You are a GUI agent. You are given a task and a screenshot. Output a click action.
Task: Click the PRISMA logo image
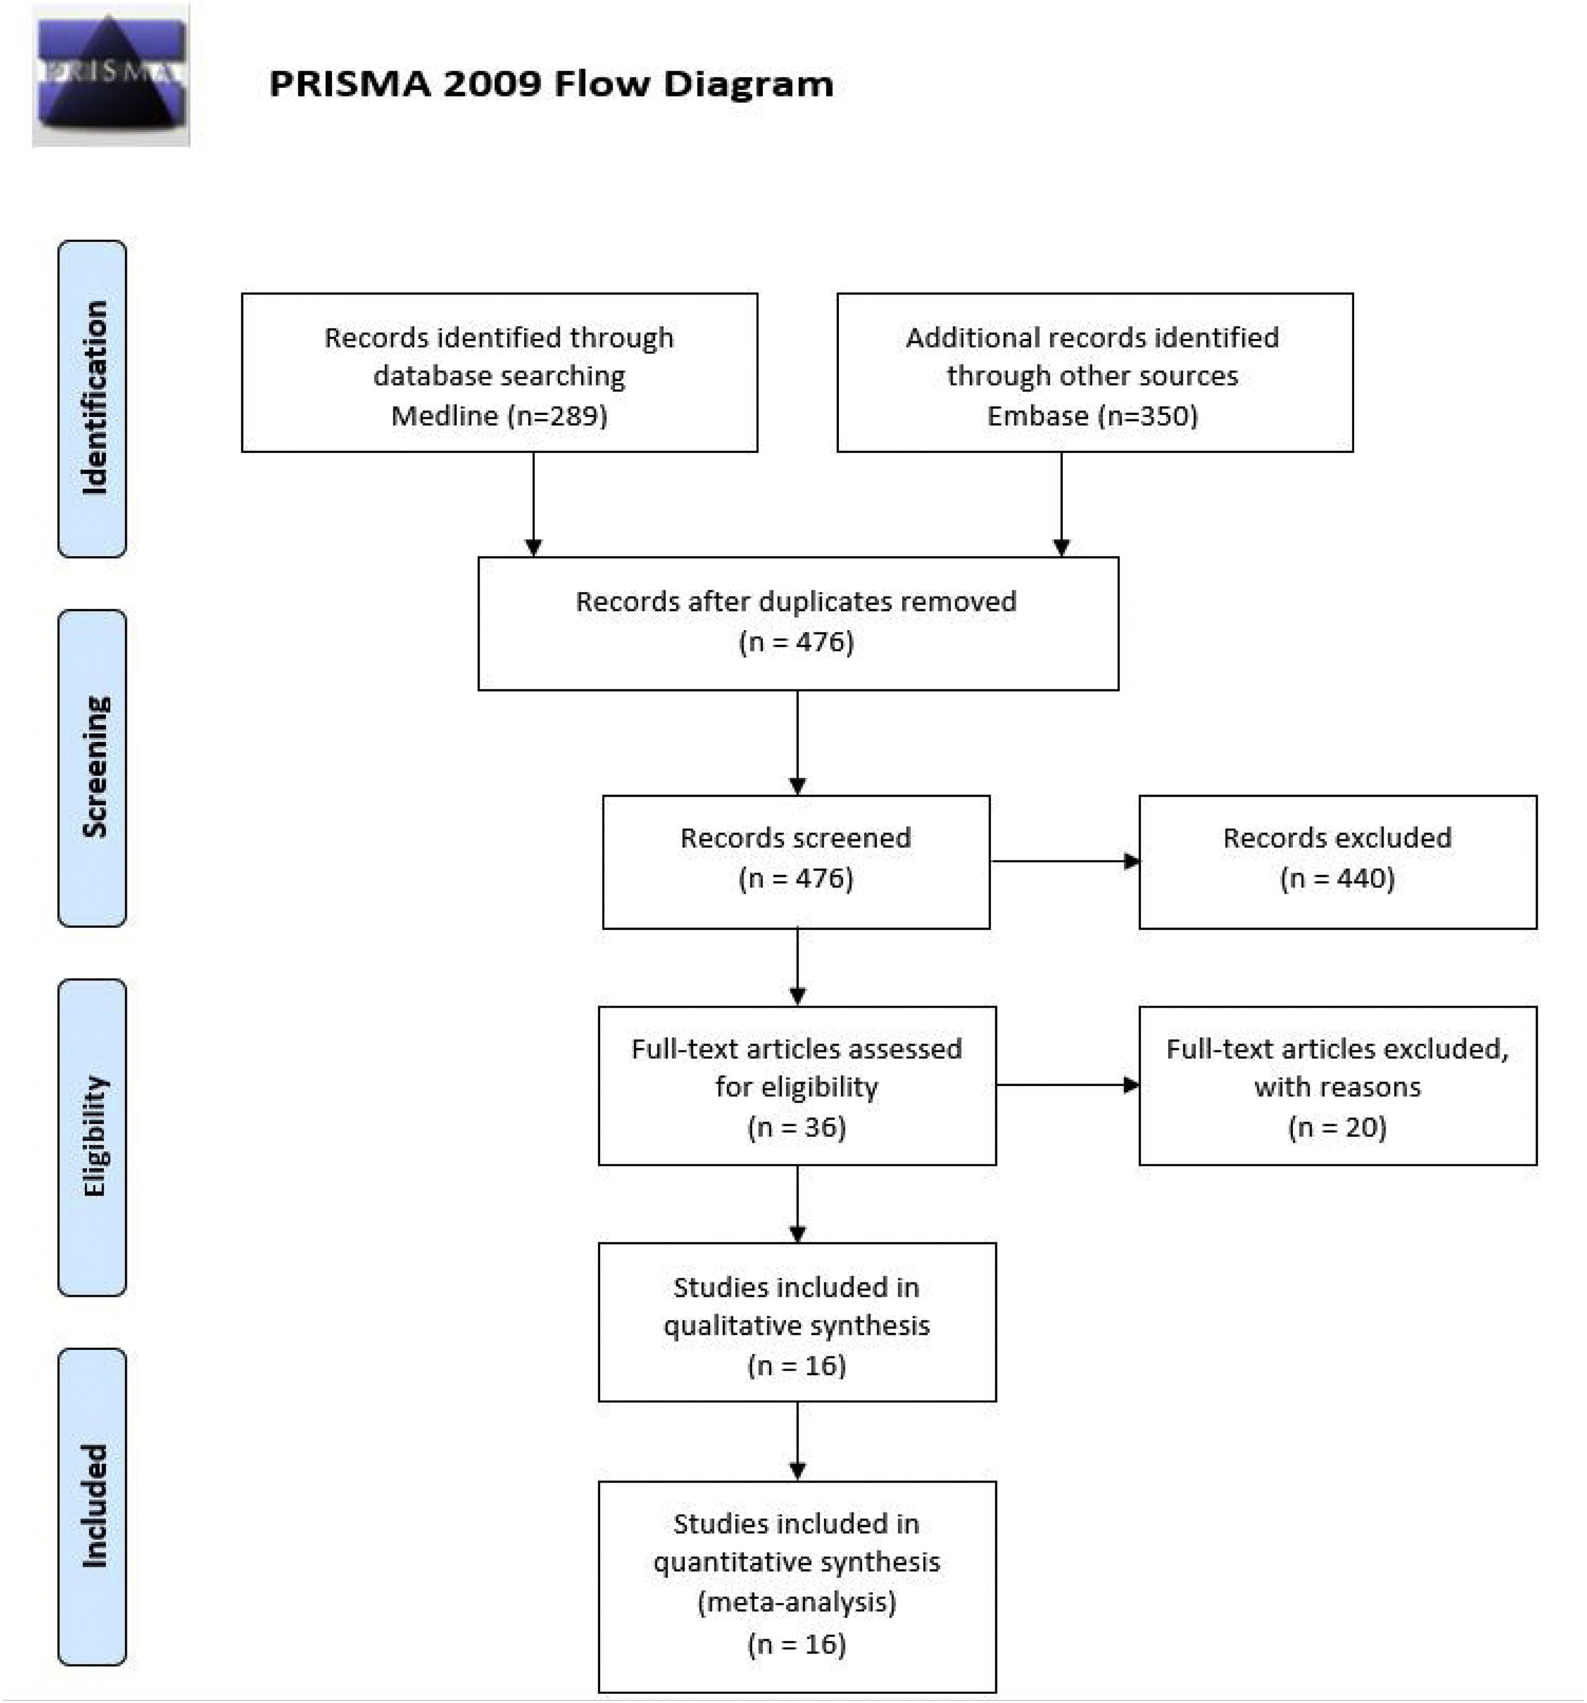111,75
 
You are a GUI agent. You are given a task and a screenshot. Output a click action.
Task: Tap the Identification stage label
93,398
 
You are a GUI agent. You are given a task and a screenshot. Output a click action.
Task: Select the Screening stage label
93,767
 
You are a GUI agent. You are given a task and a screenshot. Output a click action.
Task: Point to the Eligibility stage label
93,1137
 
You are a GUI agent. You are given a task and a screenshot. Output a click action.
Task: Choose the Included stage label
93,1506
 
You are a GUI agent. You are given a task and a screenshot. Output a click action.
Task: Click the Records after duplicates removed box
798,623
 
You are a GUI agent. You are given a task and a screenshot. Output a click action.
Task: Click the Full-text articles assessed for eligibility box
797,1085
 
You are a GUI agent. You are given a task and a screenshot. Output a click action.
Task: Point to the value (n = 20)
1337,1126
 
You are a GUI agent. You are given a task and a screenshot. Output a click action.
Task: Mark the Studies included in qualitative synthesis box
797,1322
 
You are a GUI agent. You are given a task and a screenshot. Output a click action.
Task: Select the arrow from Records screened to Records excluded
1065,861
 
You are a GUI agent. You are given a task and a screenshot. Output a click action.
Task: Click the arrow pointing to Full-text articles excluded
1067,1085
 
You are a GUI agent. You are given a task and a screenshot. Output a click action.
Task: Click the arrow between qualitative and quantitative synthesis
798,1441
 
